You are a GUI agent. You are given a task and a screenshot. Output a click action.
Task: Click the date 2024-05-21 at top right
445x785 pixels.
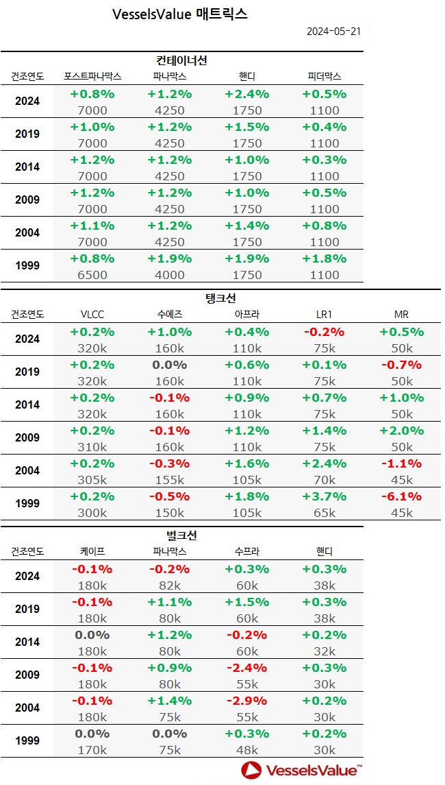coord(333,32)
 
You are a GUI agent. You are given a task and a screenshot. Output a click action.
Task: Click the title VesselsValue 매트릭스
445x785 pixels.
coord(179,14)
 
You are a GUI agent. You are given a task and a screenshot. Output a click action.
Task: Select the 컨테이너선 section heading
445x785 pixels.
coord(181,61)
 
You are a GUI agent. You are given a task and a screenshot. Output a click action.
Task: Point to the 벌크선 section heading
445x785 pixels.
coord(181,535)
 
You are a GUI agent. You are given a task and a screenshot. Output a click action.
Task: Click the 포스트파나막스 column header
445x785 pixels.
coord(92,76)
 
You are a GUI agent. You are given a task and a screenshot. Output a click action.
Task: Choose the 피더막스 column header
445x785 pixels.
coord(324,76)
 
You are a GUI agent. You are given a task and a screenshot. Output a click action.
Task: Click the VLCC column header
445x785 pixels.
coord(92,314)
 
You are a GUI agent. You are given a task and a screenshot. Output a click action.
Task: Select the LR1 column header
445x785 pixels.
coord(324,314)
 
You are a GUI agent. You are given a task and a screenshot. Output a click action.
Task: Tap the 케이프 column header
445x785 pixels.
coord(92,551)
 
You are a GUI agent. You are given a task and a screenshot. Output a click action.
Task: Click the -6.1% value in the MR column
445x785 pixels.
coord(400,496)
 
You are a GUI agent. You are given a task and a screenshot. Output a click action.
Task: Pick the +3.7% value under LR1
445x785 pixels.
coord(324,496)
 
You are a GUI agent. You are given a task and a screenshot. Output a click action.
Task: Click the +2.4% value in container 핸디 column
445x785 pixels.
coord(246,94)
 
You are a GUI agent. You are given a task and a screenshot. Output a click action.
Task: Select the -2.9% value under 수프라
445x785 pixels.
coord(246,701)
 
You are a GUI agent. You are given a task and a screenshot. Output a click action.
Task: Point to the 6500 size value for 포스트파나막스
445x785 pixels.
coord(92,275)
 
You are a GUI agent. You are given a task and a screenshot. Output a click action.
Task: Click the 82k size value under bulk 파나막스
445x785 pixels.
coord(169,585)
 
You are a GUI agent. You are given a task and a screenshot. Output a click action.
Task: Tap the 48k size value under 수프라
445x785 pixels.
coord(246,750)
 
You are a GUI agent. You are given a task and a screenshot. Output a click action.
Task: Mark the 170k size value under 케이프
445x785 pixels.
coord(92,750)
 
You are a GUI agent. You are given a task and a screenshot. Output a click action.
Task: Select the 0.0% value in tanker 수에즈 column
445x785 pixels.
coord(169,365)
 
